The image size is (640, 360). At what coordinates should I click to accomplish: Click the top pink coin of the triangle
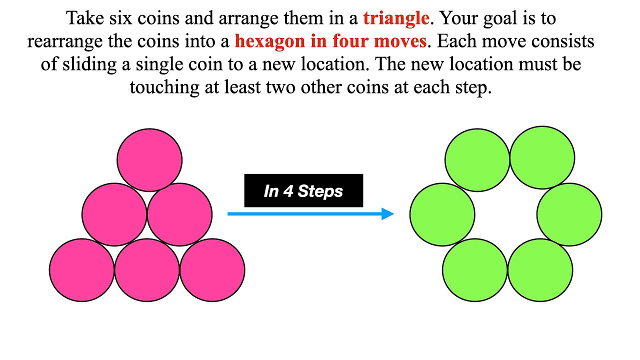[149, 160]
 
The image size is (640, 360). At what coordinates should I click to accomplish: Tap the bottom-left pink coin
[82, 270]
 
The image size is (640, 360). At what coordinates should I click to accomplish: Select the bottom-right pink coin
[212, 270]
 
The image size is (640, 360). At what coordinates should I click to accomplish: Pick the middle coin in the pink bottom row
[147, 270]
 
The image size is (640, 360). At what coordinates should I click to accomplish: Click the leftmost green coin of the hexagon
[442, 214]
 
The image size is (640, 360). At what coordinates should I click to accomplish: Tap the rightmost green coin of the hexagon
[569, 214]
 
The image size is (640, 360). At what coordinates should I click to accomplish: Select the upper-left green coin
[477, 159]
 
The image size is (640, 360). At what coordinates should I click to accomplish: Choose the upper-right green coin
[542, 157]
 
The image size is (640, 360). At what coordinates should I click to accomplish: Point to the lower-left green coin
[474, 270]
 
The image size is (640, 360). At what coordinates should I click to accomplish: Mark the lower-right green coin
[540, 270]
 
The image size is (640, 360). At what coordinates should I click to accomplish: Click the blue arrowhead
[387, 214]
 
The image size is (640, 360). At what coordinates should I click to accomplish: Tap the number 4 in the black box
[287, 191]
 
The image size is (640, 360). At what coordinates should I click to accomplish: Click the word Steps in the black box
[320, 191]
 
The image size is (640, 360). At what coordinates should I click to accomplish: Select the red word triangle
[396, 18]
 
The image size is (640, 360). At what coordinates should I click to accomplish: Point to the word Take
[83, 18]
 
